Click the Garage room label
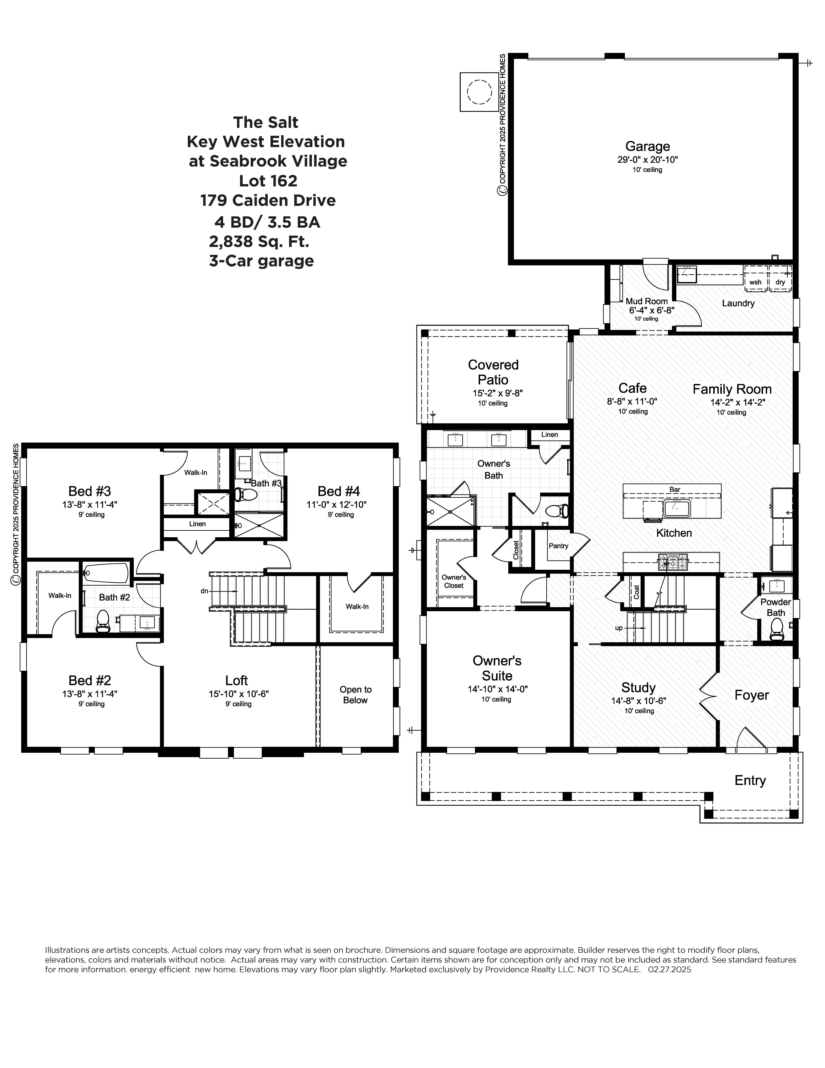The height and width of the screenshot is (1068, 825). [x=648, y=146]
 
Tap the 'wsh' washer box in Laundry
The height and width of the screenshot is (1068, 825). [x=756, y=278]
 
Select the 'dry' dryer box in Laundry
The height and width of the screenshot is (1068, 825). [x=781, y=278]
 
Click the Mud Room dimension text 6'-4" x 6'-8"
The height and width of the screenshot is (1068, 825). [x=651, y=310]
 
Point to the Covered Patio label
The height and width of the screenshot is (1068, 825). [x=493, y=372]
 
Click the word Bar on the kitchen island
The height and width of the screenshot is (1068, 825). [x=675, y=489]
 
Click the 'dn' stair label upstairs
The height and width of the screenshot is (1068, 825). [x=204, y=591]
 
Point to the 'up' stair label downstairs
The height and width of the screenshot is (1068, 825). [x=619, y=628]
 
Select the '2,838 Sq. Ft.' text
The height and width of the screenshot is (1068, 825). [x=259, y=241]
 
